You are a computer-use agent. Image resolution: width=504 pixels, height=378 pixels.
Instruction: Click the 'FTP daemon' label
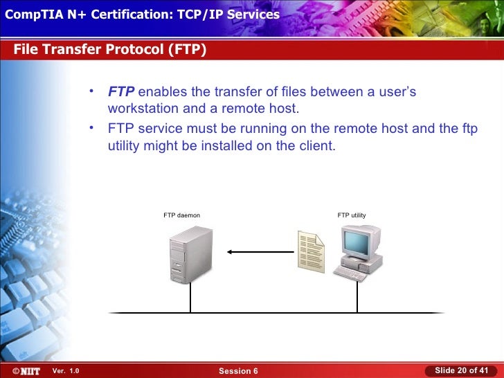tap(181, 215)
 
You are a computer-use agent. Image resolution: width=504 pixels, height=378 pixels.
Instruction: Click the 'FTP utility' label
tap(352, 215)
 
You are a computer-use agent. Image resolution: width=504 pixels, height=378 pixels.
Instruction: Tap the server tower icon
tap(190, 254)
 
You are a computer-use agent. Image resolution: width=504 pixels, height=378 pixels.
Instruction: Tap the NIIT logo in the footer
tap(22, 370)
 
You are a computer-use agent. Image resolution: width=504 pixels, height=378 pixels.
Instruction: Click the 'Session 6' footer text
tap(238, 371)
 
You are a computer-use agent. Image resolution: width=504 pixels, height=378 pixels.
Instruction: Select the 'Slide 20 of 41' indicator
tap(461, 370)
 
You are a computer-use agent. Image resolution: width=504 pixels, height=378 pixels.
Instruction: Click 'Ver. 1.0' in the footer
tap(66, 371)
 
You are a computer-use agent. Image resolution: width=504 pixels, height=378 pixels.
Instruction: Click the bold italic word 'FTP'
tap(121, 93)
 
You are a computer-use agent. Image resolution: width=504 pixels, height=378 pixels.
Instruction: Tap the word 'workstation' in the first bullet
tap(142, 109)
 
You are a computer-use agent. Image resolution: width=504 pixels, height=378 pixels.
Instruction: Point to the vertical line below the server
tap(190, 298)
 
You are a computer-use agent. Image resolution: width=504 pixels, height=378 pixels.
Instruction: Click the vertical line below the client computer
tap(357, 297)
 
